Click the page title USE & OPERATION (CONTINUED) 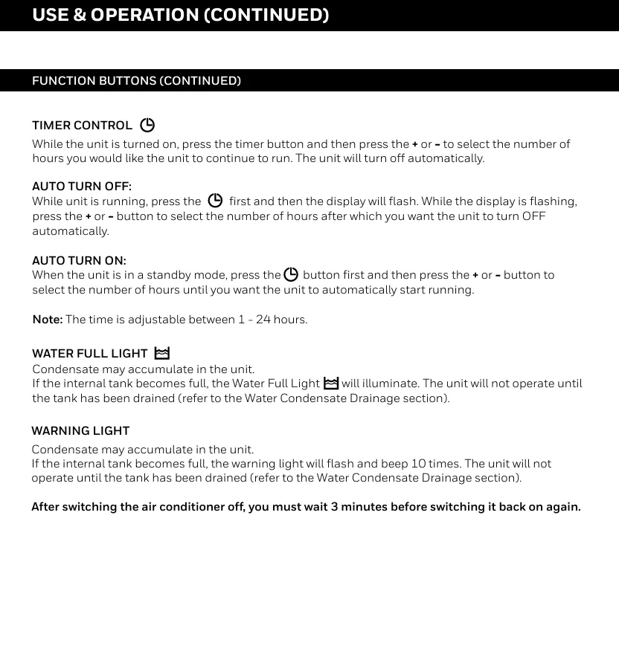pos(180,16)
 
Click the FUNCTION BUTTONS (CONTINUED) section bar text pos(136,80)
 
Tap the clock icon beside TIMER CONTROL pos(147,125)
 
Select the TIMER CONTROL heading pos(82,125)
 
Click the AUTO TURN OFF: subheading pos(82,187)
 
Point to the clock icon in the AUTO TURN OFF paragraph pos(215,201)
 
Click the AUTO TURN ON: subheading pos(79,261)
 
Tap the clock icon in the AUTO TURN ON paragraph pos(291,275)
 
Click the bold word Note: pos(47,320)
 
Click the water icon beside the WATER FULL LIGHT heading pos(161,354)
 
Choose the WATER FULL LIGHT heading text pos(89,354)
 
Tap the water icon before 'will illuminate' pos(331,384)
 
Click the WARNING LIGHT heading pos(80,431)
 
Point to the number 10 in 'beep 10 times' pos(419,464)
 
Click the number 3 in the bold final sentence pos(335,507)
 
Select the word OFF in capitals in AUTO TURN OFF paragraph pos(533,216)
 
